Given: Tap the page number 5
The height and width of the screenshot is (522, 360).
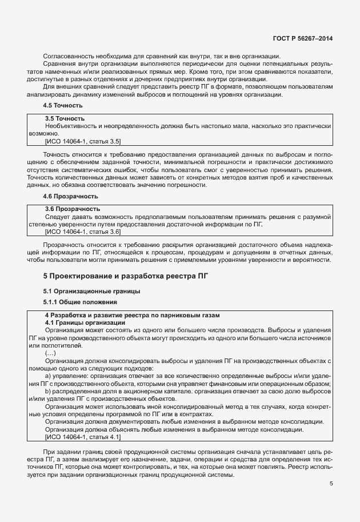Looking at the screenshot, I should [331, 484].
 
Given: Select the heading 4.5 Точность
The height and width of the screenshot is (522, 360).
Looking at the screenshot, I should [63, 106].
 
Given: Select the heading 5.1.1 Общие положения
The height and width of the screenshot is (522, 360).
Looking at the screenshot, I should [81, 302].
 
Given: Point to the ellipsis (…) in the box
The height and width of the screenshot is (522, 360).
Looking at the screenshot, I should [50, 354].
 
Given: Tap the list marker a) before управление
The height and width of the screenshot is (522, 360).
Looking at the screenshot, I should [49, 376].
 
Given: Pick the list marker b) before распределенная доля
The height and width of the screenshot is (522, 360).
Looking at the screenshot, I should [49, 391].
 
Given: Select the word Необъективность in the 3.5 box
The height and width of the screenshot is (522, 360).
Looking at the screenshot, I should [71, 126].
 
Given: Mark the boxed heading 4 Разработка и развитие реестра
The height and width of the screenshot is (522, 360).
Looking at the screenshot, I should [132, 316].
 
